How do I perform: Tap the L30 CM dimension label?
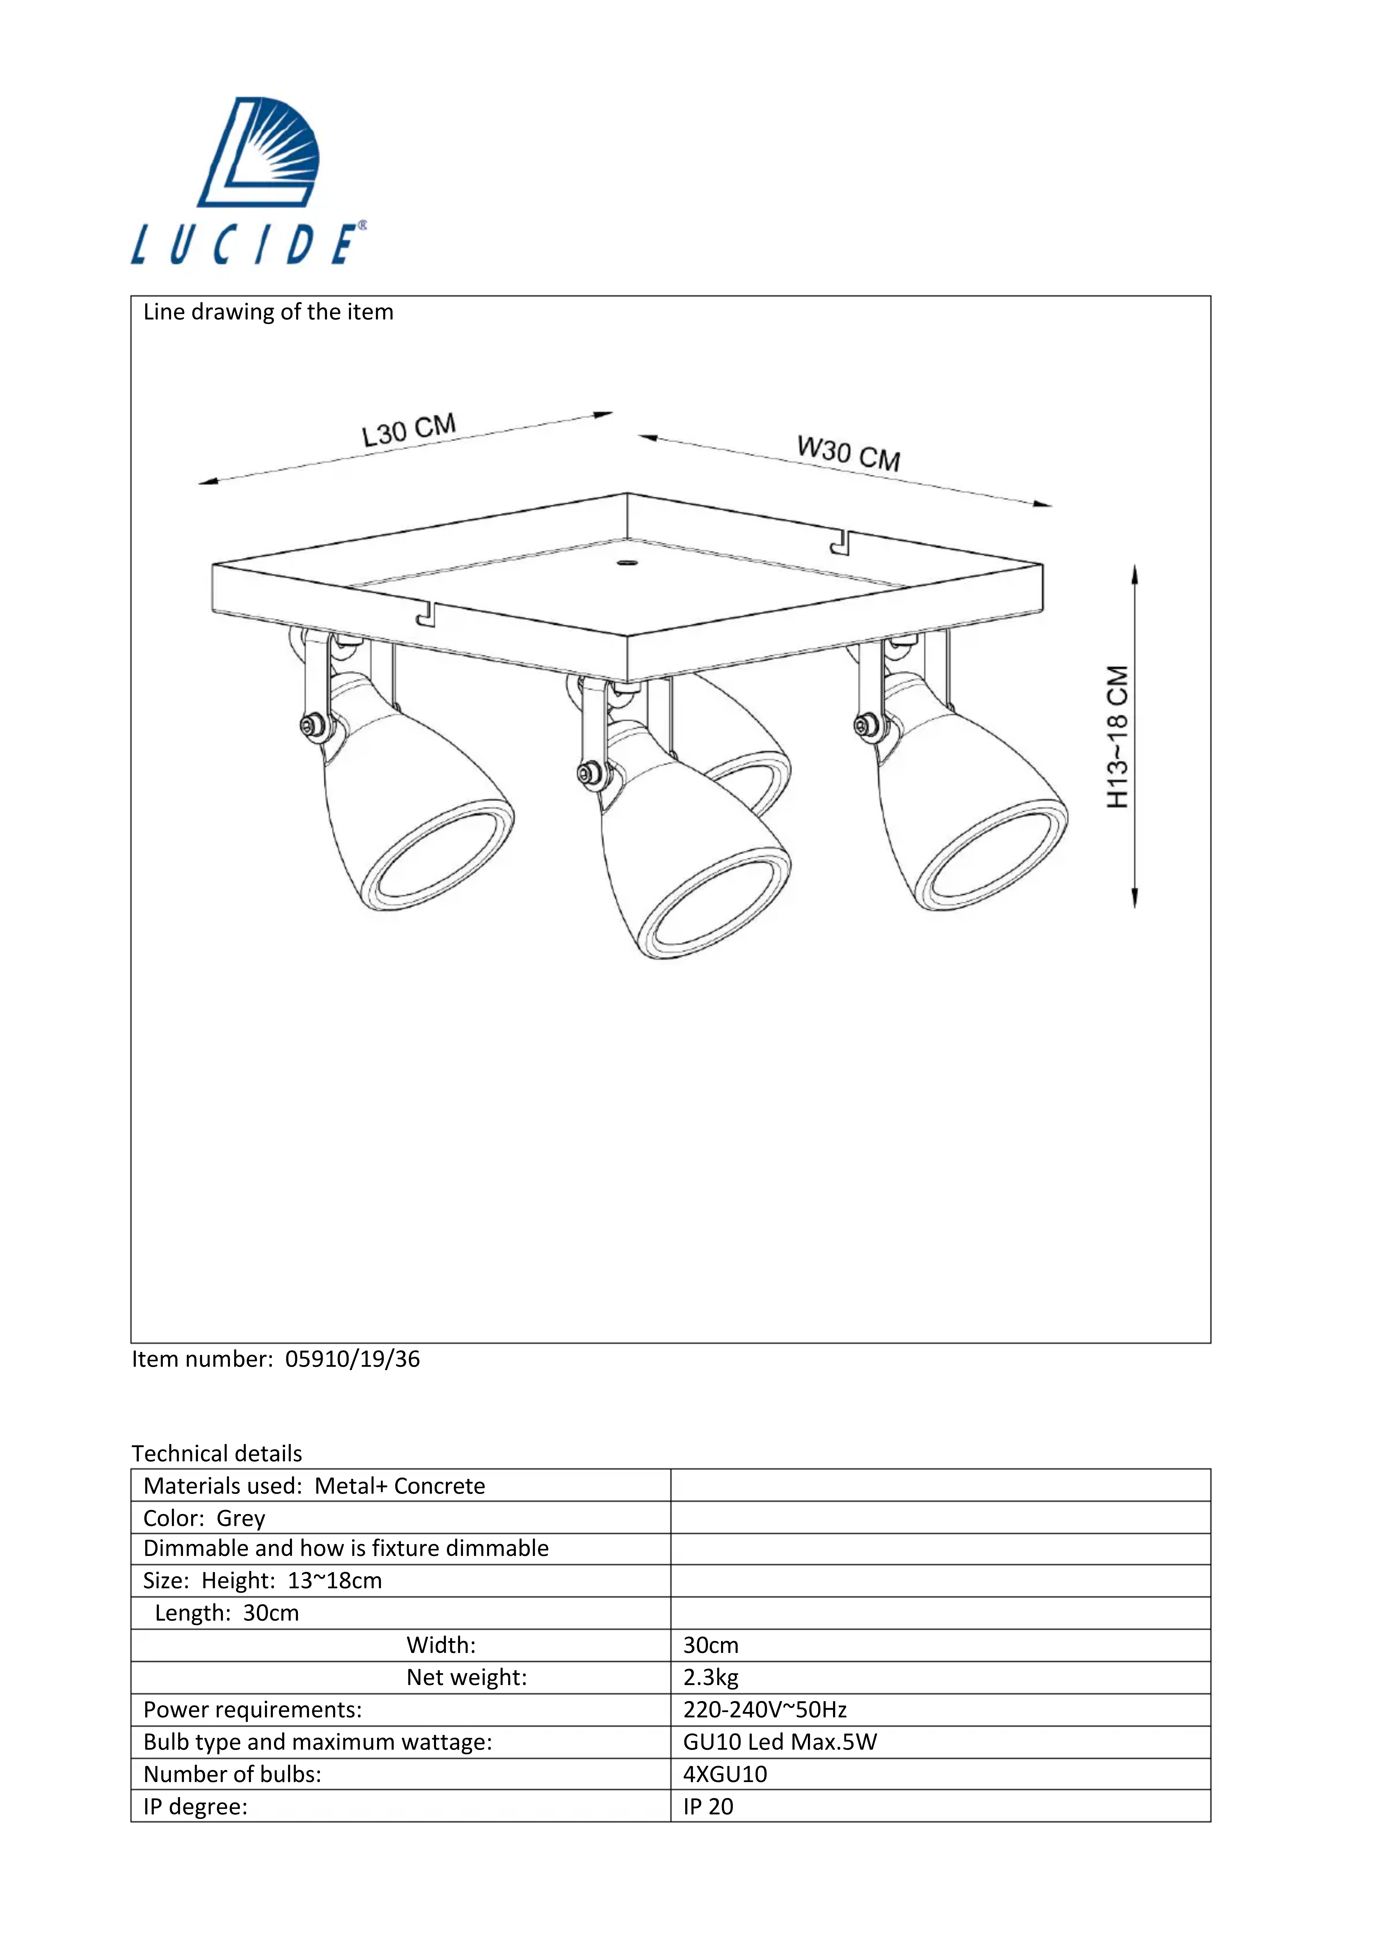[x=409, y=430]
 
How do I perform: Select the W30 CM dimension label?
[x=848, y=453]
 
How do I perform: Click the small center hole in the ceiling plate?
[x=626, y=562]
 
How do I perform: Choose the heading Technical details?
[x=217, y=1454]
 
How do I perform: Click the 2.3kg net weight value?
[x=711, y=1677]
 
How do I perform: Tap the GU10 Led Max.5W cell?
[x=780, y=1742]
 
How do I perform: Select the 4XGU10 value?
[x=725, y=1774]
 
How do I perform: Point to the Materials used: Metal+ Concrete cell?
[x=314, y=1486]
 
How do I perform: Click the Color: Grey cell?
[x=204, y=1518]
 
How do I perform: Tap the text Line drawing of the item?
[x=268, y=312]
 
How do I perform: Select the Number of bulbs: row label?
[x=232, y=1774]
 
